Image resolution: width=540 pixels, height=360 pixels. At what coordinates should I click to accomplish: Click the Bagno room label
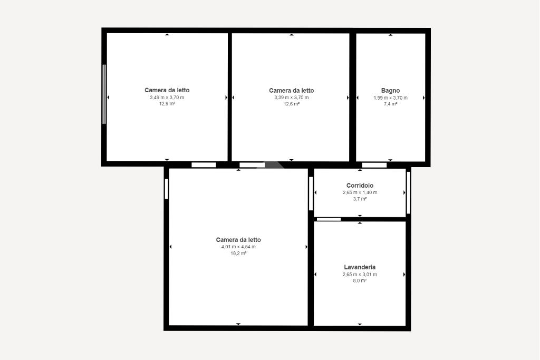coord(390,91)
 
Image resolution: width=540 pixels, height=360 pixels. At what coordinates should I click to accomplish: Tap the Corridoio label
coord(360,186)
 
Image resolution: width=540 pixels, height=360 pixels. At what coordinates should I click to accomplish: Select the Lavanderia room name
coord(360,267)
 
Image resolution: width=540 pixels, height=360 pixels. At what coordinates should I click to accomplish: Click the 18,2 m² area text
coord(238,254)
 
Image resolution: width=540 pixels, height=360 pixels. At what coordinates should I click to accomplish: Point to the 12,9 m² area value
coord(167,104)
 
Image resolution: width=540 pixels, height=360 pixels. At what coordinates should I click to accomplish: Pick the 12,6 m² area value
coord(291,104)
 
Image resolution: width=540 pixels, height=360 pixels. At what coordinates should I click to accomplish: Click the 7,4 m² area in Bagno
coord(391,104)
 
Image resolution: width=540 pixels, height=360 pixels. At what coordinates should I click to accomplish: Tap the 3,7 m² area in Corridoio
coord(360,199)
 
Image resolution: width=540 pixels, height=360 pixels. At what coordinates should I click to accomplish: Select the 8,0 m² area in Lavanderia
coord(360,280)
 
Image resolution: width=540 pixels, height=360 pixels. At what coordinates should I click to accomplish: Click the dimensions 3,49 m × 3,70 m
coord(167,98)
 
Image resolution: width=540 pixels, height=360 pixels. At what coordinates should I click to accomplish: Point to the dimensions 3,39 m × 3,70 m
coord(291,98)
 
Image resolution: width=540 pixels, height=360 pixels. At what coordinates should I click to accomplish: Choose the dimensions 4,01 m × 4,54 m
coord(238,247)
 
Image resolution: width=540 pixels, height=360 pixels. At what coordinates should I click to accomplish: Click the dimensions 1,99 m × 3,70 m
coord(391,98)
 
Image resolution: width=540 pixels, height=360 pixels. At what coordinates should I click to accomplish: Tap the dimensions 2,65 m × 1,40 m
coord(360,192)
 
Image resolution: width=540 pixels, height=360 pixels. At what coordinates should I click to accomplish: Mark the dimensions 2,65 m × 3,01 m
coord(360,274)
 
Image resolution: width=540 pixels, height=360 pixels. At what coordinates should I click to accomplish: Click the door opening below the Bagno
coord(374,165)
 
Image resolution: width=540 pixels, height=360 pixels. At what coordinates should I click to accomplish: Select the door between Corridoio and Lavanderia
coord(329,219)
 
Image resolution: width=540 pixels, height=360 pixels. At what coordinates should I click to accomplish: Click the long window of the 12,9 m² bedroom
coord(104,94)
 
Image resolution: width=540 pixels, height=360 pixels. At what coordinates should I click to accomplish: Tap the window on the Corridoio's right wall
coord(409,193)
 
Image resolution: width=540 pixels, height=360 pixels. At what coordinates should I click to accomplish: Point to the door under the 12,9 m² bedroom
coord(204,165)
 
